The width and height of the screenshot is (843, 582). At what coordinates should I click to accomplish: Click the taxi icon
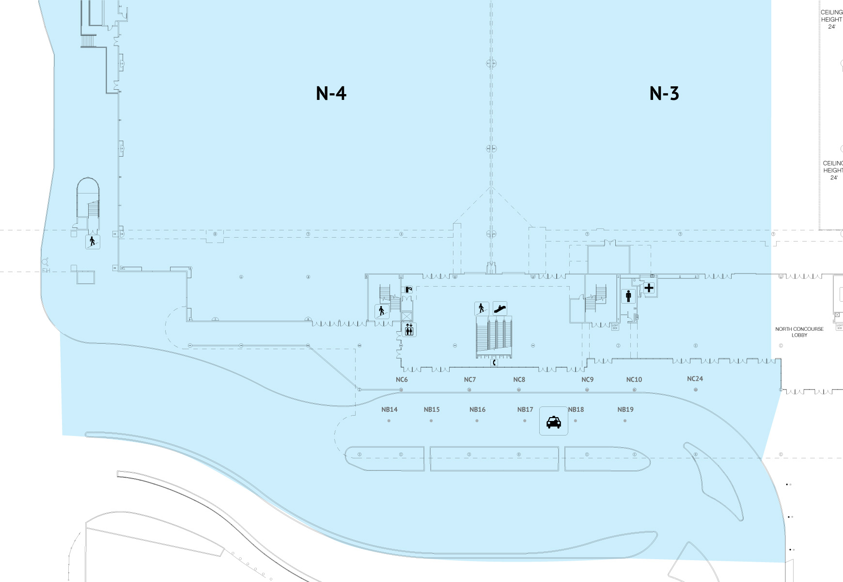point(554,421)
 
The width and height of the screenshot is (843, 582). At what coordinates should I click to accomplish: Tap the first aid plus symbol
point(649,288)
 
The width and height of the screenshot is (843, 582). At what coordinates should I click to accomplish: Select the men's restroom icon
point(628,295)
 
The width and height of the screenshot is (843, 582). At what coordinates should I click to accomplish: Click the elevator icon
point(409,330)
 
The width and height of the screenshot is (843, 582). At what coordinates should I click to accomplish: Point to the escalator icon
point(500,308)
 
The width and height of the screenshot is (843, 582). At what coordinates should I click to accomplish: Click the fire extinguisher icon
point(408,290)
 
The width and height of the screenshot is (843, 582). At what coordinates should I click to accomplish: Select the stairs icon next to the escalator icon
point(482,308)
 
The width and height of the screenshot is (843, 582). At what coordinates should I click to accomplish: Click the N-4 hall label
point(331,93)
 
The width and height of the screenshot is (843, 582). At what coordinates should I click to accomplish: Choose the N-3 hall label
point(664,93)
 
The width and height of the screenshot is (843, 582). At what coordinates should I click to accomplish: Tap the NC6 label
point(402,380)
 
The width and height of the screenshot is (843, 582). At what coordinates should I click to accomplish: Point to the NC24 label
point(695,379)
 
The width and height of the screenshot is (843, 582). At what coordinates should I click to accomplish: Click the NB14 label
point(389,409)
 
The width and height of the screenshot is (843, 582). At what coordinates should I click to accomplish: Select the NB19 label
point(625,409)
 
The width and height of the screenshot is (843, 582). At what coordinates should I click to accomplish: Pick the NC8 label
point(519,380)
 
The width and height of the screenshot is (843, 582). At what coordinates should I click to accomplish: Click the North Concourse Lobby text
point(799,332)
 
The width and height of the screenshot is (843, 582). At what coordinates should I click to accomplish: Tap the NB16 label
point(477,409)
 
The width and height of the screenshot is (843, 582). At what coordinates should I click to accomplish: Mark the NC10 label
point(634,380)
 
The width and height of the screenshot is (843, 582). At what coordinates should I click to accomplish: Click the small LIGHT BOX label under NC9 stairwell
point(615,327)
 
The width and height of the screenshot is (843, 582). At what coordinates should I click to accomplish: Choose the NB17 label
point(525,409)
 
